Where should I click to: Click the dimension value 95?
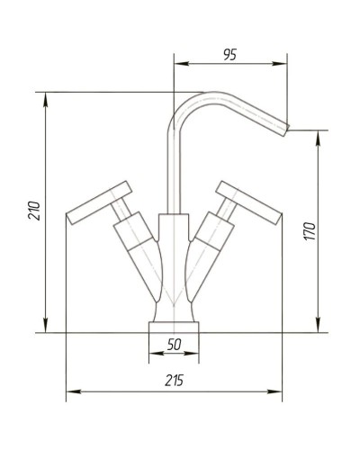229,53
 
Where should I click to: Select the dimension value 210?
35,211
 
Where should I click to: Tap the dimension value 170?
309,230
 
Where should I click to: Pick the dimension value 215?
175,381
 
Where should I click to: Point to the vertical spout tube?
168,171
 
